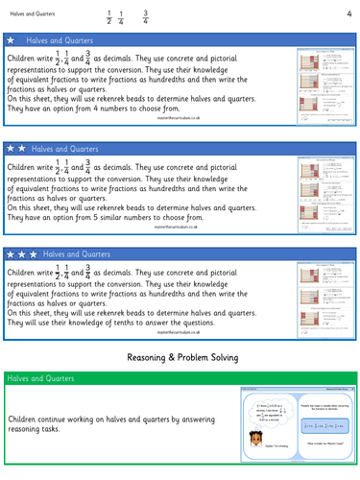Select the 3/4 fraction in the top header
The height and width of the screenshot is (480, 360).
coord(145,14)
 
